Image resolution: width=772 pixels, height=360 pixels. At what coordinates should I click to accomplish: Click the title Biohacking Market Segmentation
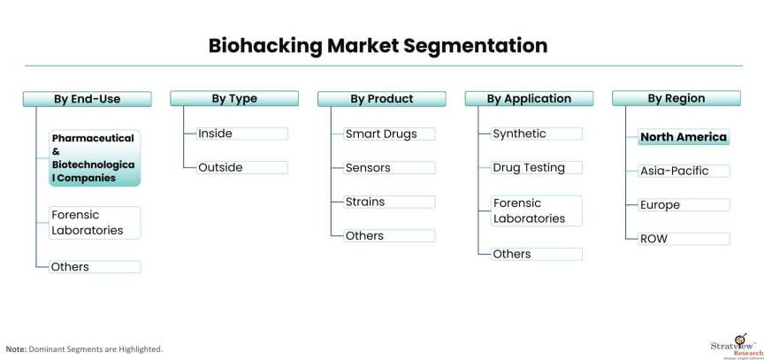click(378, 45)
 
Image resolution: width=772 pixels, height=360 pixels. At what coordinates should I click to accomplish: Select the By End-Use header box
click(87, 99)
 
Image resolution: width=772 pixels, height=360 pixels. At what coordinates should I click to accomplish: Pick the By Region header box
click(676, 98)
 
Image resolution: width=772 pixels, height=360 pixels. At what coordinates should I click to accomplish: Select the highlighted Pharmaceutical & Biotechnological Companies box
click(94, 158)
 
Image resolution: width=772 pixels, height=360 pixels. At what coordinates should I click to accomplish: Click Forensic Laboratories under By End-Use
click(94, 223)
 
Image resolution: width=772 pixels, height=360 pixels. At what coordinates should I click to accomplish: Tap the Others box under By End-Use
click(94, 266)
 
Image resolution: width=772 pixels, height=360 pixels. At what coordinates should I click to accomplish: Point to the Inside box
click(241, 134)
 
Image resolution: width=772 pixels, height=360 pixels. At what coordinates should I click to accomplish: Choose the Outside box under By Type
click(241, 167)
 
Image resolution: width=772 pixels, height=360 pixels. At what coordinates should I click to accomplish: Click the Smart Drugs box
click(388, 134)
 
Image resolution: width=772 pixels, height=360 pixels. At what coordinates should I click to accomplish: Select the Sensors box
click(388, 167)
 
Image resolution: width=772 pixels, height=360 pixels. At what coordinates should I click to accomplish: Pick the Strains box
click(388, 202)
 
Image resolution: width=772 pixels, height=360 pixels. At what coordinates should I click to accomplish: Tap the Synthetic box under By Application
click(536, 134)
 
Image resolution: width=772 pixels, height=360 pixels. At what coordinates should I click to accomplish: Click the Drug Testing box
click(536, 167)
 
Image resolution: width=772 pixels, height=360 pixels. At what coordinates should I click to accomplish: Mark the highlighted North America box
click(684, 137)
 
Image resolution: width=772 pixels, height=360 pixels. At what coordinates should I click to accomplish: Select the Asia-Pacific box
click(684, 171)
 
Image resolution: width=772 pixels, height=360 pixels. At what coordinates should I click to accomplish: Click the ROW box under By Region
click(684, 239)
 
